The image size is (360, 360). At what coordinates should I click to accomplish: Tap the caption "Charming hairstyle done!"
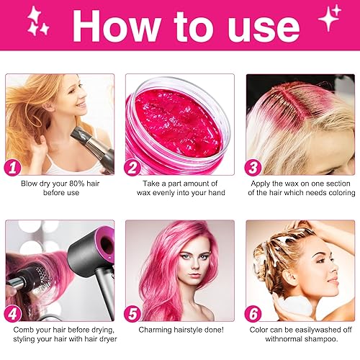coord(180,329)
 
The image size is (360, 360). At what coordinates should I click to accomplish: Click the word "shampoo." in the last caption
coord(318,338)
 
